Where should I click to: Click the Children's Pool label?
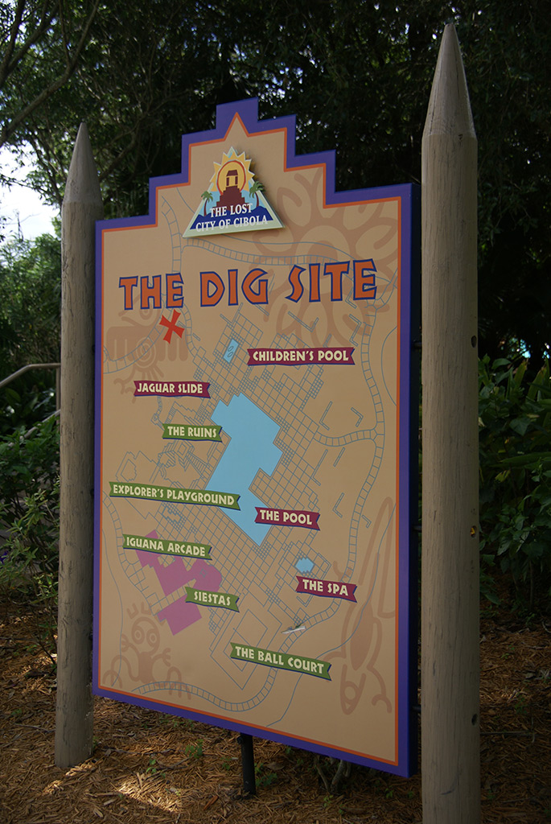[301, 356]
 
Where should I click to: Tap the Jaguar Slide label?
[171, 389]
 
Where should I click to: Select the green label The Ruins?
[191, 432]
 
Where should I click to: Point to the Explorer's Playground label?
[175, 495]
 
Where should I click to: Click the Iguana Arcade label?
[167, 547]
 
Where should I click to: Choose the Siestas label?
[212, 599]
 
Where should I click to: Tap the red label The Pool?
[287, 518]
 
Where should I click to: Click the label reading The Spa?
[326, 588]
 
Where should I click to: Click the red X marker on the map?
[171, 326]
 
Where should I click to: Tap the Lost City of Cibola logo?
[232, 194]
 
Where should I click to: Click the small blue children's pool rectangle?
[232, 349]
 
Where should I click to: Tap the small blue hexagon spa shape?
[304, 565]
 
